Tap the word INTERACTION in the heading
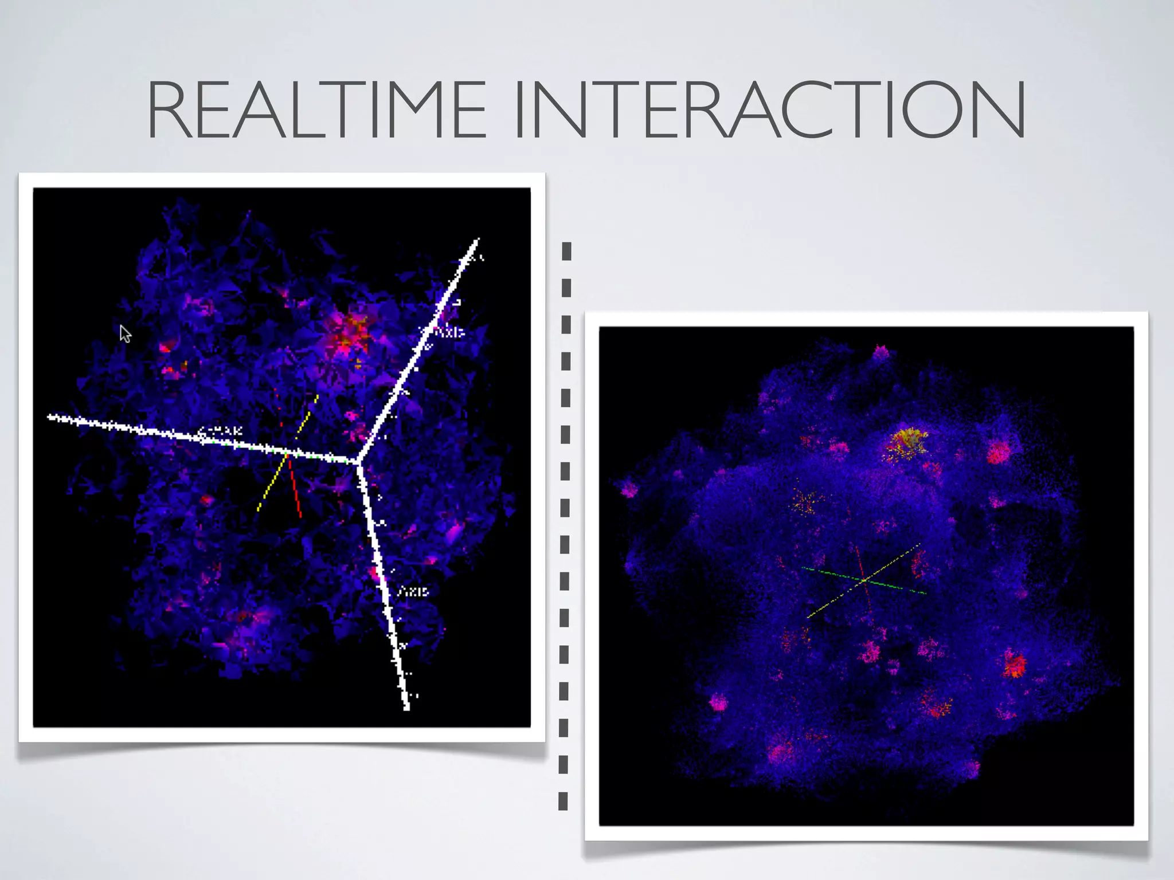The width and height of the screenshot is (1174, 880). [x=770, y=109]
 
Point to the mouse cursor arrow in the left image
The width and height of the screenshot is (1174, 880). [x=125, y=333]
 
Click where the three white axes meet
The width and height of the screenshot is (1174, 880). [x=357, y=461]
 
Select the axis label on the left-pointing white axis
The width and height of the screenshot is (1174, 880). [x=220, y=431]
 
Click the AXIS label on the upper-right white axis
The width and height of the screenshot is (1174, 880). [x=442, y=332]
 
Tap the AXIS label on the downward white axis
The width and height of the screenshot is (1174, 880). [x=413, y=591]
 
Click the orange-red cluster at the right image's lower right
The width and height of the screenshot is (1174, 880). [x=1014, y=665]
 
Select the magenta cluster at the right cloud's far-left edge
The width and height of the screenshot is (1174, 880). [x=628, y=489]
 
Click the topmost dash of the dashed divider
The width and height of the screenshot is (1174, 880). [x=566, y=251]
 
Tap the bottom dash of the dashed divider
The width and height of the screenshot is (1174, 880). [x=563, y=800]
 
